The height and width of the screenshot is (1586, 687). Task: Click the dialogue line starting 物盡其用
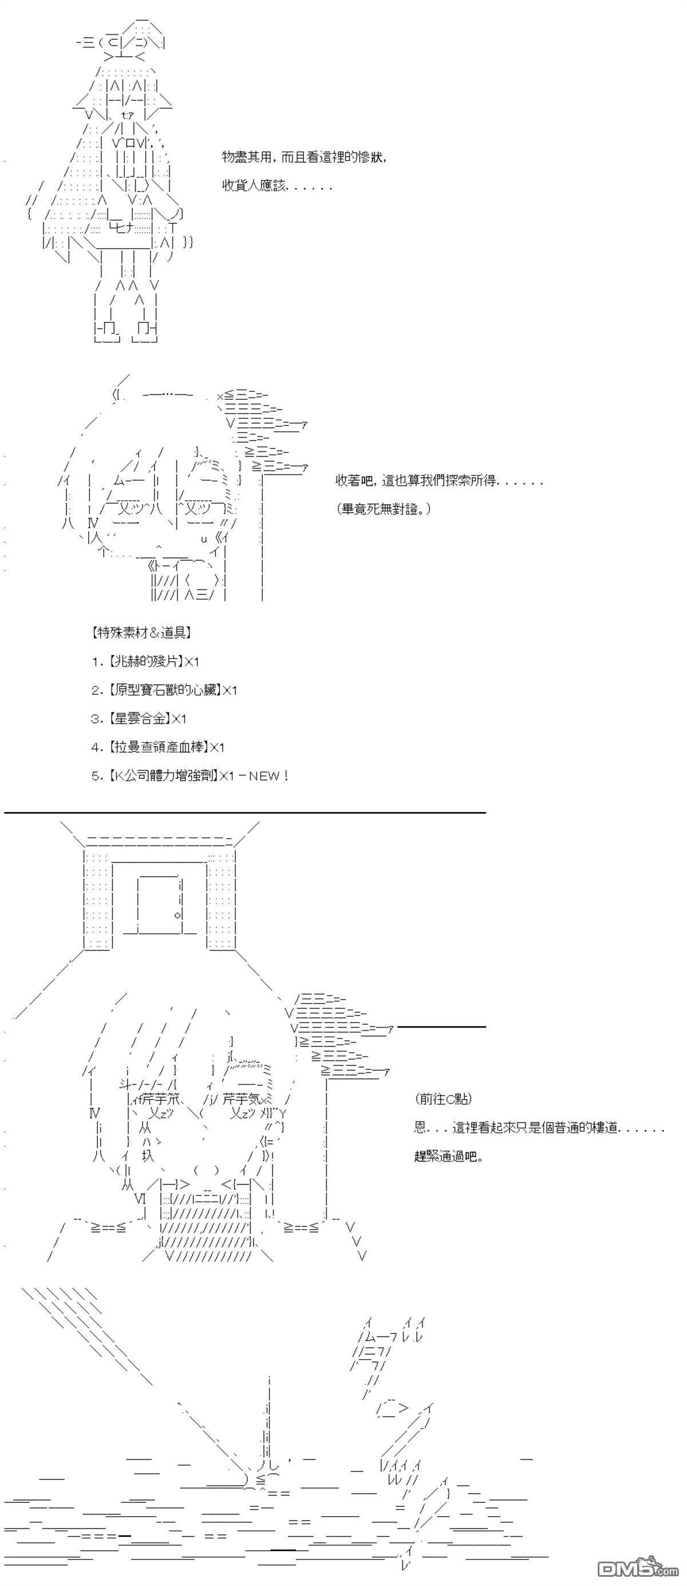[305, 157]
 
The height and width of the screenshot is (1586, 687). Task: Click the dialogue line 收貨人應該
[277, 186]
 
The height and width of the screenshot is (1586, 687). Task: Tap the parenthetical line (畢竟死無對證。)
[384, 509]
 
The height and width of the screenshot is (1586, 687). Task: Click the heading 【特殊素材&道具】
[140, 632]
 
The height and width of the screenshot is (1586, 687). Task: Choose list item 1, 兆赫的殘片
[145, 661]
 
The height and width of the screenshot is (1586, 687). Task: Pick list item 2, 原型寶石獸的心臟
[164, 690]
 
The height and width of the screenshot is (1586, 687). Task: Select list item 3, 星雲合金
[139, 718]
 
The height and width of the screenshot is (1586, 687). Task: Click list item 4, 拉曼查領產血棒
[157, 747]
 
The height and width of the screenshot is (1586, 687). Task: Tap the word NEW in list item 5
[264, 776]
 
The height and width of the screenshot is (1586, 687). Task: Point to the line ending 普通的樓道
[539, 1128]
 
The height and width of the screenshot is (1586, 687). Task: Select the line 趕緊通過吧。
[449, 1156]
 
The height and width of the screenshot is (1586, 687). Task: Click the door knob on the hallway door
[177, 915]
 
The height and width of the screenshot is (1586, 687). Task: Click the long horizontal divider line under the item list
[245, 813]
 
